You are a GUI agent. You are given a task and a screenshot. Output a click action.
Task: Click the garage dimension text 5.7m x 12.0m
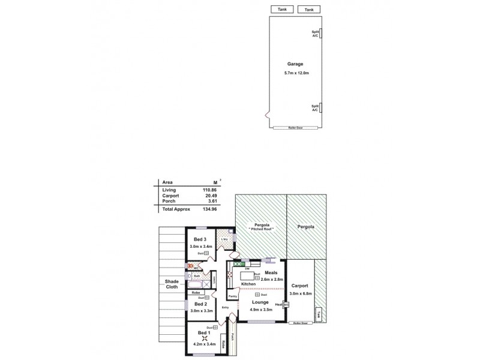click(x=294, y=73)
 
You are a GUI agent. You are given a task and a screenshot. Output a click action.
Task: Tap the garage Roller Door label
click(x=294, y=128)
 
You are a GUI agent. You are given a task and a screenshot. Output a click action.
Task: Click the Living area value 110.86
click(x=209, y=190)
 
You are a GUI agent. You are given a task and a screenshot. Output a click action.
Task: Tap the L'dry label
click(x=224, y=239)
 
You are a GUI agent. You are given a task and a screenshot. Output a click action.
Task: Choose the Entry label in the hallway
click(x=226, y=307)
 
